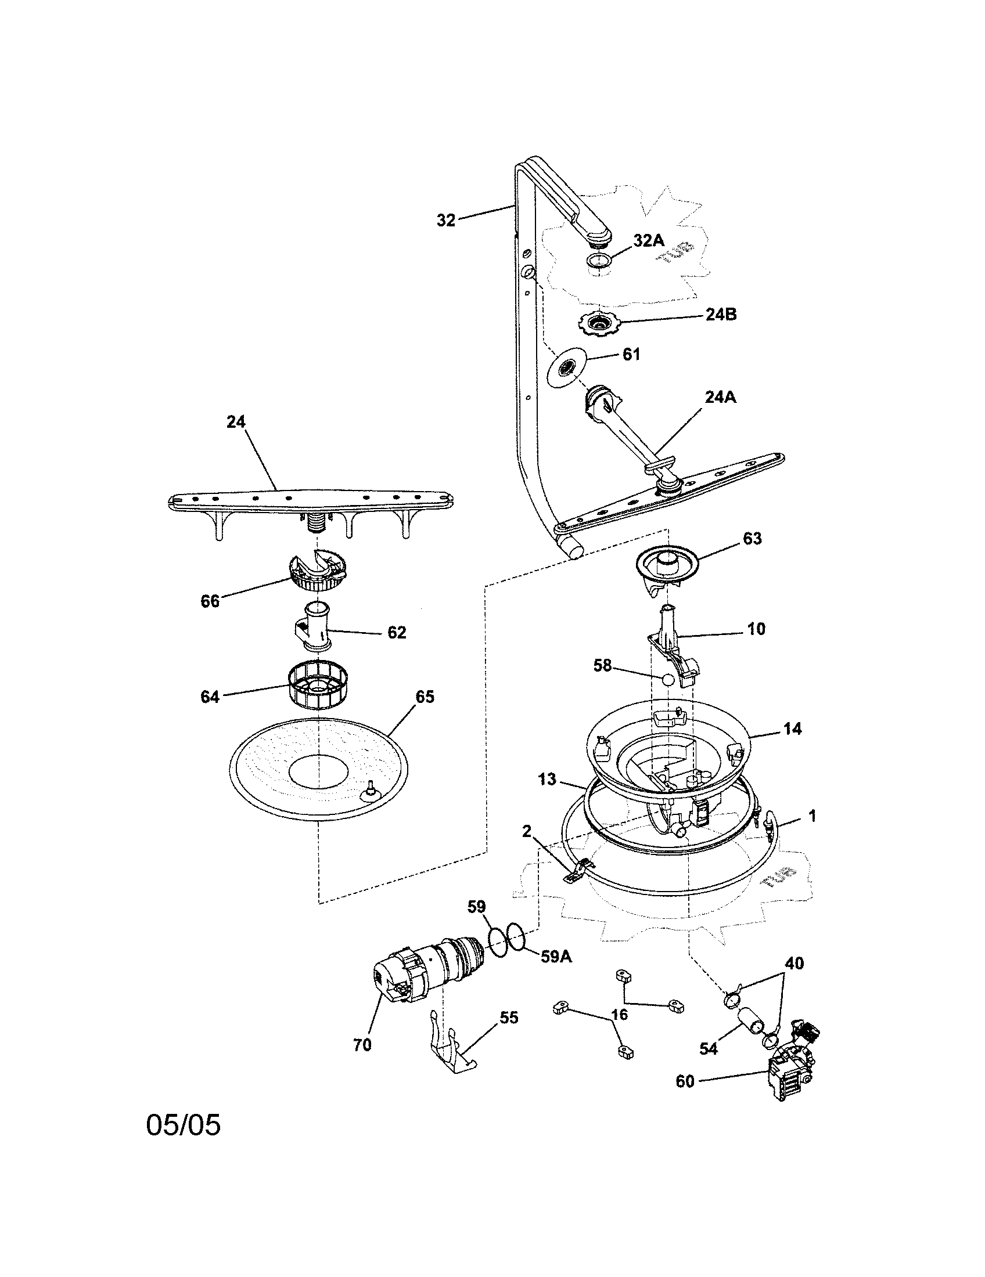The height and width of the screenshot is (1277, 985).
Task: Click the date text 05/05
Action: point(183,1141)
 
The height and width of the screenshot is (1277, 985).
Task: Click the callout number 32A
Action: point(649,240)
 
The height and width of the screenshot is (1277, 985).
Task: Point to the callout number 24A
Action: point(720,398)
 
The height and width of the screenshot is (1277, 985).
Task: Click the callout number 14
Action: point(792,728)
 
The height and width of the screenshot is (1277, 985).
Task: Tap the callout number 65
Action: point(425,697)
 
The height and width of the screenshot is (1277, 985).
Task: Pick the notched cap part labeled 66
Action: point(317,569)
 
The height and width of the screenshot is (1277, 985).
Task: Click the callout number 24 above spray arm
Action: point(236,421)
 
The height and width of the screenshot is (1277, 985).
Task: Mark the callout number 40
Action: point(794,963)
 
